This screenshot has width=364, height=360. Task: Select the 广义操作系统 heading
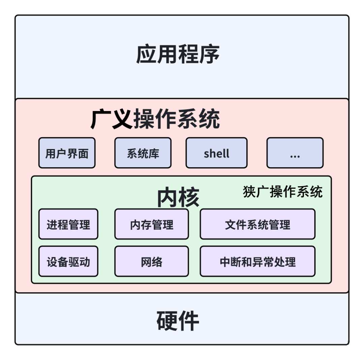click(155, 119)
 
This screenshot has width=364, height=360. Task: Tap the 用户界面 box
click(67, 153)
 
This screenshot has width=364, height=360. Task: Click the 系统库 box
click(143, 153)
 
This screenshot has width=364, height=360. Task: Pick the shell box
click(216, 153)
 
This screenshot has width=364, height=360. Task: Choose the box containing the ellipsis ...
click(295, 153)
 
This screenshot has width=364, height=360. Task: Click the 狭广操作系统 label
click(282, 192)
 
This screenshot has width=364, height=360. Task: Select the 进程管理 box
click(68, 224)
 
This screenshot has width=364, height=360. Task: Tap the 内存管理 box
click(152, 224)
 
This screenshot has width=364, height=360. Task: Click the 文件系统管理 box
click(257, 224)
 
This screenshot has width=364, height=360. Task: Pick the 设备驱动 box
click(68, 261)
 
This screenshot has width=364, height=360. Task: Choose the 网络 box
click(152, 261)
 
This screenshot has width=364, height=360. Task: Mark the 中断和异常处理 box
click(257, 261)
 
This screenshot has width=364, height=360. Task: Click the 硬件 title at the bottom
click(178, 321)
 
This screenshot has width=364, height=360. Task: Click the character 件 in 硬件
click(189, 321)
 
